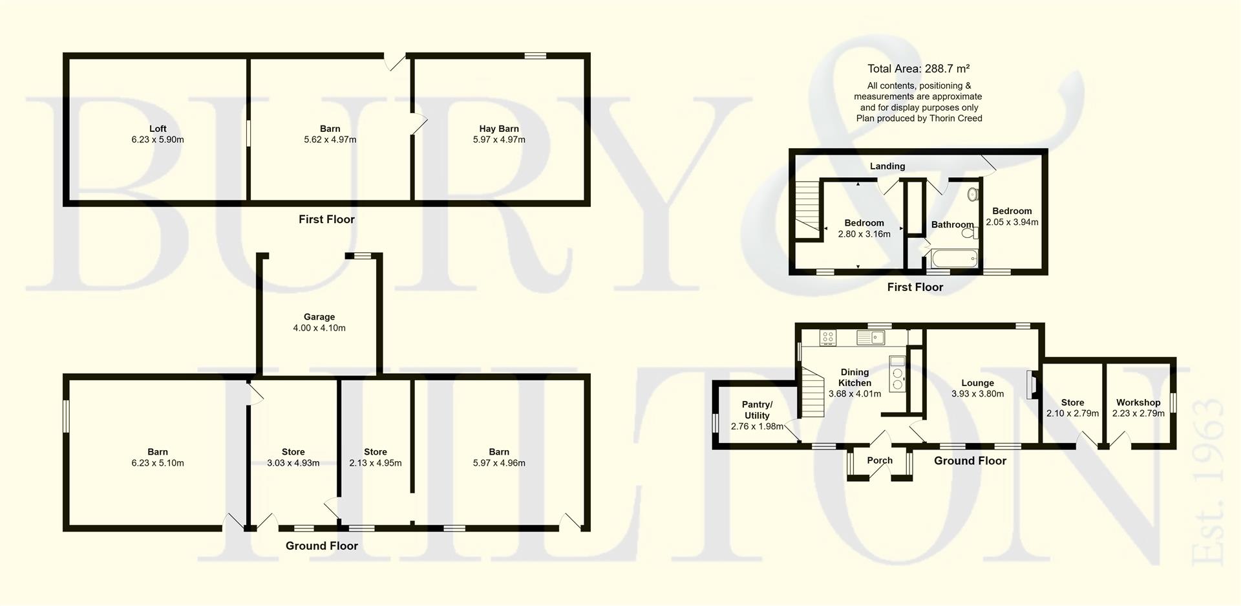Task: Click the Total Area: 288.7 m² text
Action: [918, 69]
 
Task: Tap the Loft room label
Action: [158, 129]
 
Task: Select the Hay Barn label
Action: [499, 129]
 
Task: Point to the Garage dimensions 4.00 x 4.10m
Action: [319, 328]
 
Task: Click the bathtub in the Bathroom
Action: [954, 261]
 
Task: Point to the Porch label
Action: [880, 460]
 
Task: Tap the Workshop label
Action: [1138, 402]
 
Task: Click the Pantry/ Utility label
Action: [757, 410]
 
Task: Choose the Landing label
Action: [887, 166]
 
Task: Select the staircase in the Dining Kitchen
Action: [813, 391]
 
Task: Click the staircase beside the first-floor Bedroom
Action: [807, 209]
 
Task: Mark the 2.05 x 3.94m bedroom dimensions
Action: [1012, 222]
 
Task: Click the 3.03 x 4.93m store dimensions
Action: [293, 463]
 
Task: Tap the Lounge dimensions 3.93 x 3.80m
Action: [977, 393]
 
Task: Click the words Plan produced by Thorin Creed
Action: [919, 118]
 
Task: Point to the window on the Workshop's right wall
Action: [1173, 402]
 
